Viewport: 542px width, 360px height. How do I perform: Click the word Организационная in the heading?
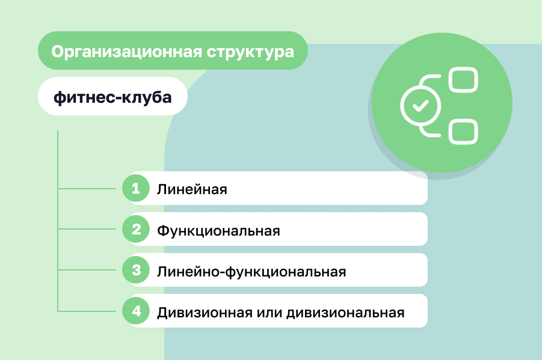(x=126, y=52)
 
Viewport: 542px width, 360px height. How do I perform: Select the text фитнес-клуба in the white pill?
(x=112, y=97)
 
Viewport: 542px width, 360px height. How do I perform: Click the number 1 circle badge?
(x=136, y=188)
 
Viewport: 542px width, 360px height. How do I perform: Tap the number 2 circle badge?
(x=136, y=229)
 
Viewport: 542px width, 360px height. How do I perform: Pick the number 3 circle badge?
(x=136, y=270)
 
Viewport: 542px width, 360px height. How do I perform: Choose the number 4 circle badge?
(x=136, y=311)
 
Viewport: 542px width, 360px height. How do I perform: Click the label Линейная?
(x=192, y=190)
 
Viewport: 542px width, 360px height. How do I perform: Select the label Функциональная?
(x=218, y=230)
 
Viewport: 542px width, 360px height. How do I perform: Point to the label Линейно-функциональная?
(x=251, y=272)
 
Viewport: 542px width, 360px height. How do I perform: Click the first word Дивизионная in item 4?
(x=205, y=313)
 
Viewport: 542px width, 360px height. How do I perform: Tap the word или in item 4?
(x=269, y=313)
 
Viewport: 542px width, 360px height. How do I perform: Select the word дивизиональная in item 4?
(x=345, y=313)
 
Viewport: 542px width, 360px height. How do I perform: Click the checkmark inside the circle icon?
(x=420, y=106)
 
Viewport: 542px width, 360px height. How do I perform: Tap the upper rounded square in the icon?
(x=463, y=80)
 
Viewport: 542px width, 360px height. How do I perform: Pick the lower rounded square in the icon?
(x=463, y=132)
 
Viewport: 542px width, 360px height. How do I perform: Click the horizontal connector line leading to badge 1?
(x=87, y=189)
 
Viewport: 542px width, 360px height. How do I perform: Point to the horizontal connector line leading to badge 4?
(x=87, y=311)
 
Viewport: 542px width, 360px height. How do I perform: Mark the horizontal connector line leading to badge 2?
(x=87, y=229)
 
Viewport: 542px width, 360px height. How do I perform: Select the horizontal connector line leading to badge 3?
(x=87, y=270)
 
